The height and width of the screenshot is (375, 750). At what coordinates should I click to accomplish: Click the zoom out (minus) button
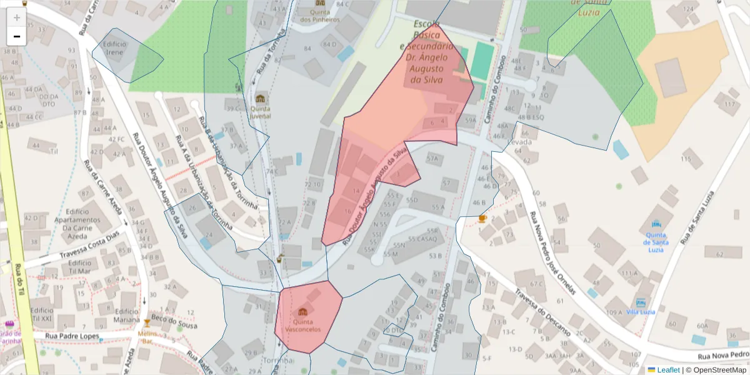click(17, 36)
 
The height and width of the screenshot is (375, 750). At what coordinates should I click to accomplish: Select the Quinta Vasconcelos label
click(302, 325)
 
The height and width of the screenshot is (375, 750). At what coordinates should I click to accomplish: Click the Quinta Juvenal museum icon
click(261, 99)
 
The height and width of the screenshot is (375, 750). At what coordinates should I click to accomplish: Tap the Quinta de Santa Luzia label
click(656, 239)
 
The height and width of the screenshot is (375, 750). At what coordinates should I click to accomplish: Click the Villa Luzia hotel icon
click(640, 302)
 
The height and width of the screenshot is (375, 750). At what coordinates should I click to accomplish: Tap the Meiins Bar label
click(147, 337)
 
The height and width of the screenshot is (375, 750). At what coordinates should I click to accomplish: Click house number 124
click(689, 9)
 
